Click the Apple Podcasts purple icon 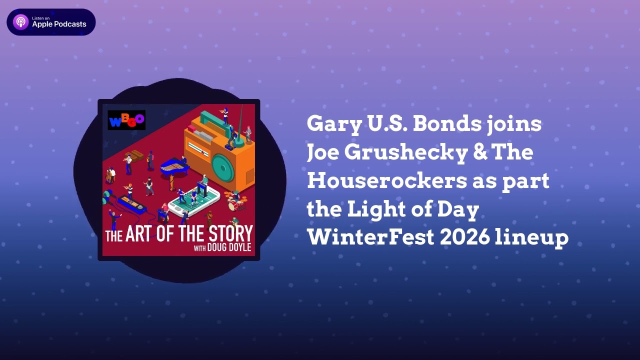coord(21,22)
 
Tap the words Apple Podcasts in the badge coord(59,24)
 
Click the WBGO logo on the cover coord(126,120)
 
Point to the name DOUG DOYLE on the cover coord(229,248)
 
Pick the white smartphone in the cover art coord(194,200)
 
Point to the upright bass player coord(110,174)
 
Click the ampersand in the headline coord(477,152)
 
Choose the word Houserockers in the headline coord(386,181)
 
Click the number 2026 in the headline coord(464,237)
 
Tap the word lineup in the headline coord(531,238)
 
